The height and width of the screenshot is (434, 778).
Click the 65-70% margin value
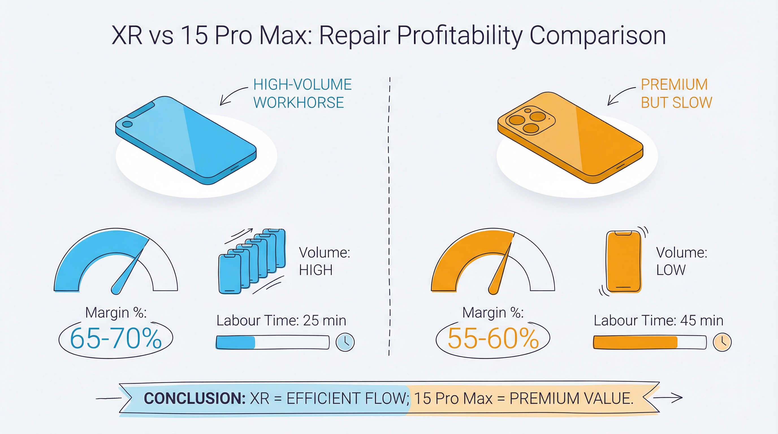[116, 338]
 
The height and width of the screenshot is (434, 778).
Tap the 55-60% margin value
[493, 338]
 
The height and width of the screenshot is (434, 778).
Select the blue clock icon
[345, 342]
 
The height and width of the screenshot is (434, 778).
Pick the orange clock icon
[722, 342]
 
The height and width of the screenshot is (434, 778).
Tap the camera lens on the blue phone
[127, 124]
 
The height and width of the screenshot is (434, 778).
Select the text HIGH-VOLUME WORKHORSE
[302, 93]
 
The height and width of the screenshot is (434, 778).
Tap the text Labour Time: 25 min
[281, 320]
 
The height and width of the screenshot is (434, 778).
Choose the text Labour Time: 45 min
[658, 320]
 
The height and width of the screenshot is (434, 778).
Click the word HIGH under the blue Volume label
[315, 270]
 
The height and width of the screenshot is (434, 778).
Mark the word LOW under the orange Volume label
[671, 270]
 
